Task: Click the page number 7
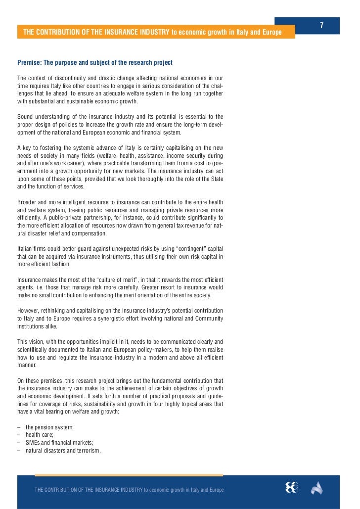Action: click(321, 25)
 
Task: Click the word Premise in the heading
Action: click(29, 63)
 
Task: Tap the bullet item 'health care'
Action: click(40, 434)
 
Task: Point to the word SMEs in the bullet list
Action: click(33, 442)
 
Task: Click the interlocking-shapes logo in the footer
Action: click(292, 488)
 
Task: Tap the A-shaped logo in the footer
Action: click(316, 488)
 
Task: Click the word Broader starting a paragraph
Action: click(28, 202)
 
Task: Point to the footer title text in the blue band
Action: click(129, 489)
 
